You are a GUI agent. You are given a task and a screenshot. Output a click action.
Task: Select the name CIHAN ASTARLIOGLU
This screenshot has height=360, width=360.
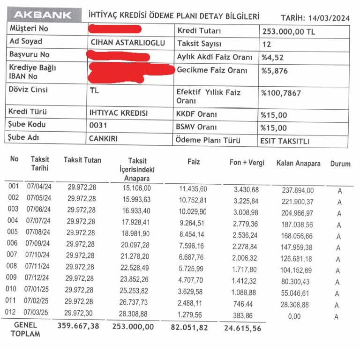127,43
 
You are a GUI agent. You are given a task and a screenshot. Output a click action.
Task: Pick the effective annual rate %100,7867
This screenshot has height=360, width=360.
281,92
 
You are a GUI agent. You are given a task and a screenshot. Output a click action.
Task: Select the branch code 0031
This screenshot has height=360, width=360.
98,125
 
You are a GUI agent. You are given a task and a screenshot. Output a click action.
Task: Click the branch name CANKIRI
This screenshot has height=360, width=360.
103,139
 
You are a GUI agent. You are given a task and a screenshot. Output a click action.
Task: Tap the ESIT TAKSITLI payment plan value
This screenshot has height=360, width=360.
285,141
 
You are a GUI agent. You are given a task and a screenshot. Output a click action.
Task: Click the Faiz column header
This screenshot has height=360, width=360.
193,162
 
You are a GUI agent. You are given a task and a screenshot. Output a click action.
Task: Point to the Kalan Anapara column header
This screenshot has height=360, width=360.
298,163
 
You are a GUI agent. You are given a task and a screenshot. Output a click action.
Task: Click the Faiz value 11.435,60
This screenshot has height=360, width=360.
193,189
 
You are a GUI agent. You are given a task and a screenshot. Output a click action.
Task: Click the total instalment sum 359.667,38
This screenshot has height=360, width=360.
78,326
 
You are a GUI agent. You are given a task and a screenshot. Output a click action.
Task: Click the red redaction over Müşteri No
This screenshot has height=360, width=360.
115,29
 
